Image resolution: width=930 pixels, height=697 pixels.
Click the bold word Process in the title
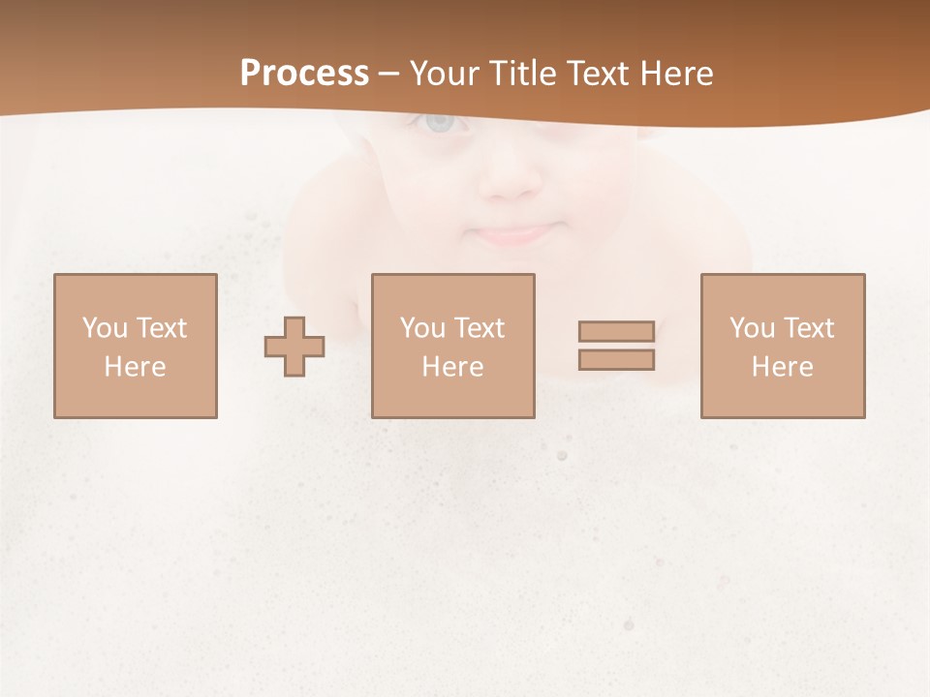click(304, 74)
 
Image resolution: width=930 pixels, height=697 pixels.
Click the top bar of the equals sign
click(616, 331)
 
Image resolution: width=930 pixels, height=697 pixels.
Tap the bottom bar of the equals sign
click(616, 360)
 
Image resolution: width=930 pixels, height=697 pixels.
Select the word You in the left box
click(105, 328)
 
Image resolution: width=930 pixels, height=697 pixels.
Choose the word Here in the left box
click(135, 367)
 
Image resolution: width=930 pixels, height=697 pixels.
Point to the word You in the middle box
click(422, 328)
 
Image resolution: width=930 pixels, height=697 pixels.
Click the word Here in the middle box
click(452, 367)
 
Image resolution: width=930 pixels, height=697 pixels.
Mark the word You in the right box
click(752, 328)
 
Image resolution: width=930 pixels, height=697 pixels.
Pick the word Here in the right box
click(782, 367)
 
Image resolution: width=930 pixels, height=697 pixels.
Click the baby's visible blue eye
click(440, 123)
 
